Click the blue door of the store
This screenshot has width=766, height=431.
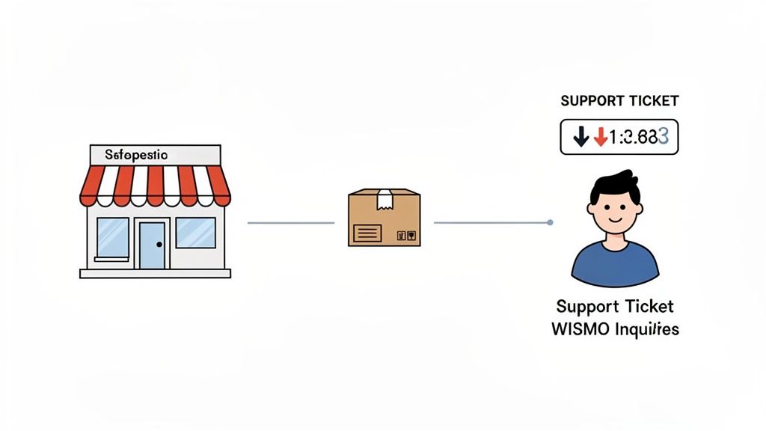(x=153, y=245)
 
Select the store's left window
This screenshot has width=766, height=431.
(x=112, y=236)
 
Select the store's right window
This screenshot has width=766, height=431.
(x=195, y=233)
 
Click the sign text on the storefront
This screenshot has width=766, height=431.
(x=136, y=155)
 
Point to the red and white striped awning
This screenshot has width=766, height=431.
(x=155, y=184)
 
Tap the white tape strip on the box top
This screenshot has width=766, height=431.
(x=384, y=198)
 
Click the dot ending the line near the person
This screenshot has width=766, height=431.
(x=551, y=222)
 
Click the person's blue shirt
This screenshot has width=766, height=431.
(x=615, y=262)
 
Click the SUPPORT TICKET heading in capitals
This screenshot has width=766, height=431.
(x=619, y=101)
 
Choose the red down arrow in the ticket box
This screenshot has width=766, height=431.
(x=599, y=137)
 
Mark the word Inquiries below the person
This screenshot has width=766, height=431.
(x=647, y=328)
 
